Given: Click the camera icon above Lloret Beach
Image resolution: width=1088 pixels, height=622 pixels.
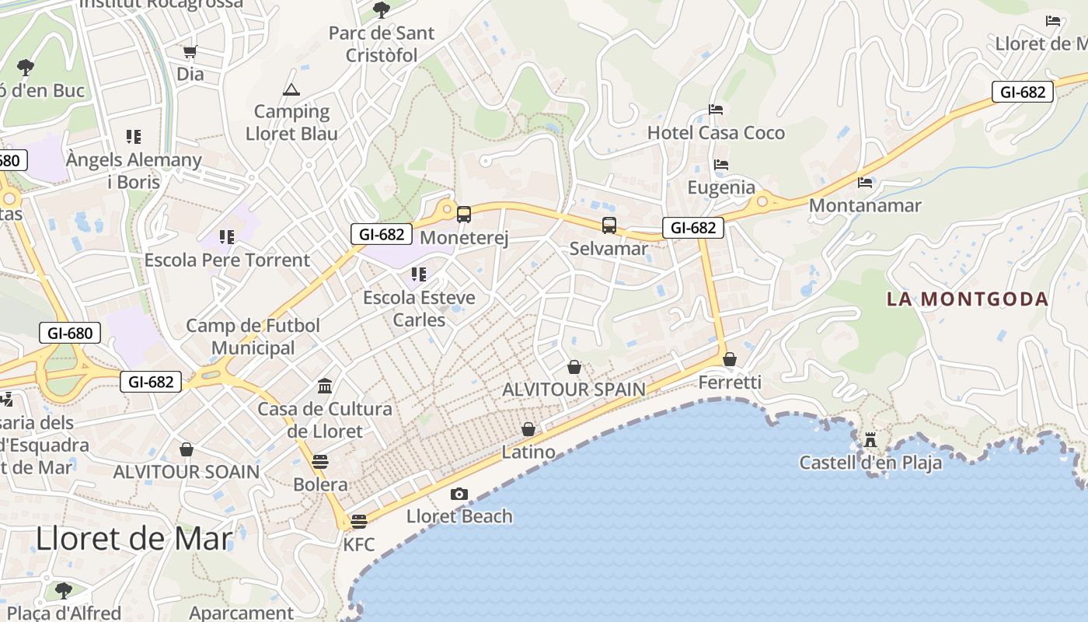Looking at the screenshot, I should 459,494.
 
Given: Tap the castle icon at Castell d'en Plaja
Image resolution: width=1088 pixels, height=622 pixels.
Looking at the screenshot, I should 870,440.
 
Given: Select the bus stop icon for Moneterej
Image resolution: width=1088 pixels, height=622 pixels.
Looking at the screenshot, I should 464,215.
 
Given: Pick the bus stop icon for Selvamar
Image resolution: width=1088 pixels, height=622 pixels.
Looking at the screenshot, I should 609,225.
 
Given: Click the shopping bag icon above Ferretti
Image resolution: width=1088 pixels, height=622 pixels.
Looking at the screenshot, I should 729,359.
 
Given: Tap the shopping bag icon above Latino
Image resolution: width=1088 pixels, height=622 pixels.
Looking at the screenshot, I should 528,429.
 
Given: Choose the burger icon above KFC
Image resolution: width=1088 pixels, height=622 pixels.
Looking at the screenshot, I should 358,521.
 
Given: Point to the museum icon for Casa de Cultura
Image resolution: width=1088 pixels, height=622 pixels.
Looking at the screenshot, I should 325,386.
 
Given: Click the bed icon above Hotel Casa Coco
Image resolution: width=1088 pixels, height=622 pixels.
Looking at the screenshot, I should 716,110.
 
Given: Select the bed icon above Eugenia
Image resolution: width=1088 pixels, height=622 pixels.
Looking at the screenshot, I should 721,165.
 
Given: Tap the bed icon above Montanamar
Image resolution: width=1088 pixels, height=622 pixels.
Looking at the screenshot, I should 865,183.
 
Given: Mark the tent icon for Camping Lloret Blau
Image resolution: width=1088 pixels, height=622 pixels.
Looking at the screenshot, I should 291,89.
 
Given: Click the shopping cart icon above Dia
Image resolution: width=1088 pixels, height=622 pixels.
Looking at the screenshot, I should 190,52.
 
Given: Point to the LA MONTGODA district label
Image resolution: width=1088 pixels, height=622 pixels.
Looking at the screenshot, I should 968,299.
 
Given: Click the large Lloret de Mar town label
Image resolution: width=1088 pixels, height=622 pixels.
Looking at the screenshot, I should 134,538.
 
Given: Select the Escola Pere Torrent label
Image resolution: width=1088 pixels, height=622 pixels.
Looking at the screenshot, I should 227,260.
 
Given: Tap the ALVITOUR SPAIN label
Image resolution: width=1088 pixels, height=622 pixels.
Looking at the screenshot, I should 574,389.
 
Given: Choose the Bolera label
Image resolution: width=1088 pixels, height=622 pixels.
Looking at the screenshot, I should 320,484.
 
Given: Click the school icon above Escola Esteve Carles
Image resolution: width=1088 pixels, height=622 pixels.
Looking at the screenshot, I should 419,274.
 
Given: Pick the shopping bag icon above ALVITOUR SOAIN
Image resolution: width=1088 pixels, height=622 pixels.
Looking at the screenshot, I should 187,449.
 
